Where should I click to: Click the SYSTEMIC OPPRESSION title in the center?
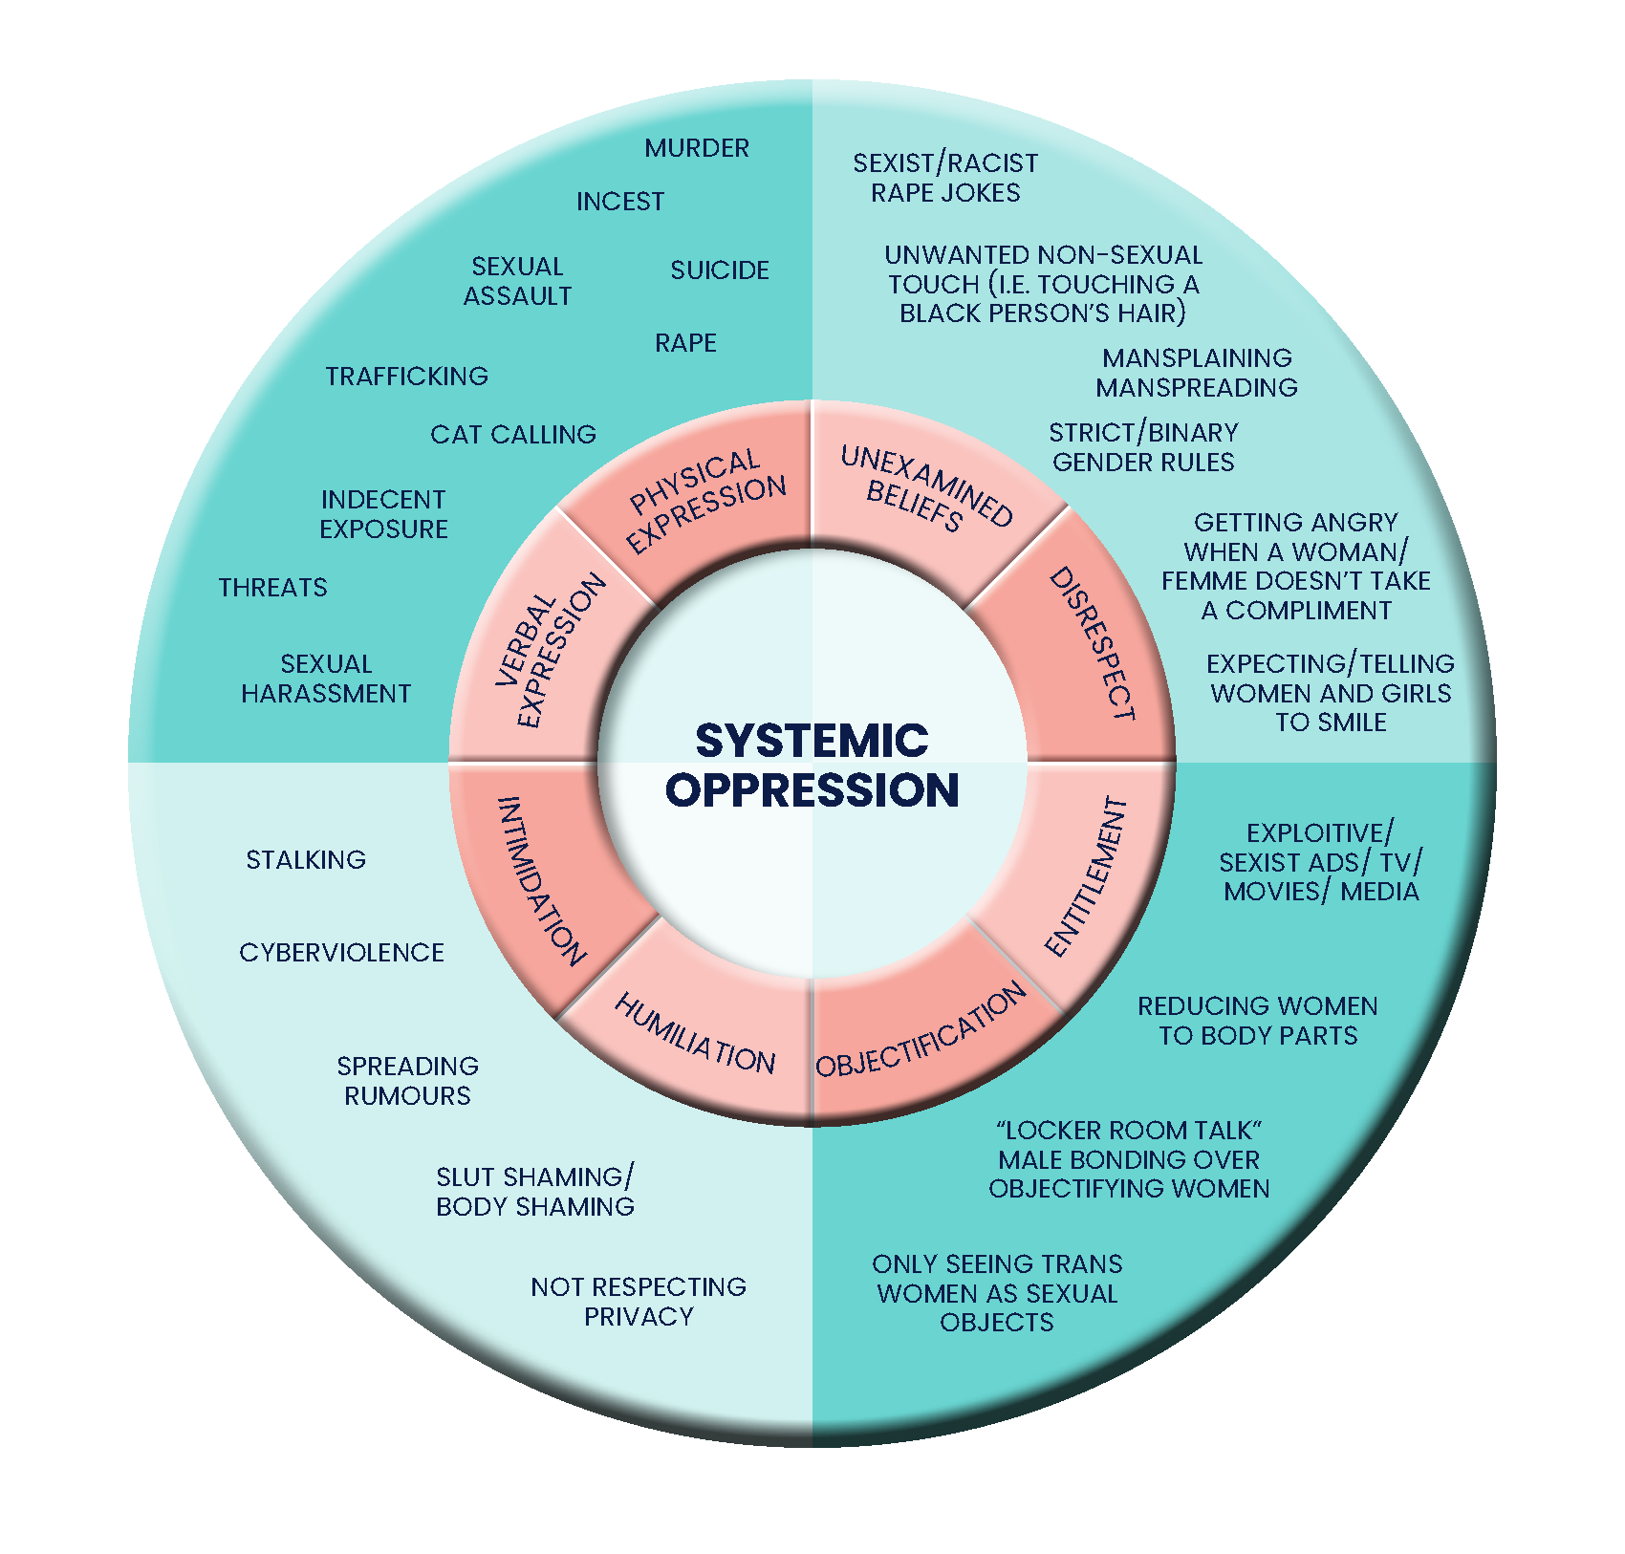812,765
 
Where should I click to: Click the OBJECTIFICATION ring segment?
920,1032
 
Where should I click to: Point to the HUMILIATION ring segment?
696,1034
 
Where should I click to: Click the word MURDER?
697,148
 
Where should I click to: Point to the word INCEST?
619,202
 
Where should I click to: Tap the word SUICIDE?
720,270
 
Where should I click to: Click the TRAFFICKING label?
406,377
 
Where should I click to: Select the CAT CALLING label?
513,435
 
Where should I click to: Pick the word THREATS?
272,588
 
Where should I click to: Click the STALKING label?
306,860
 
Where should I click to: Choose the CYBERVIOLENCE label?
341,953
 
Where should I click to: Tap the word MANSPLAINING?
1197,358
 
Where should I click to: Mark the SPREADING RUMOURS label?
407,1081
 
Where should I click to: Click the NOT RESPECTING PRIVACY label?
639,1302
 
